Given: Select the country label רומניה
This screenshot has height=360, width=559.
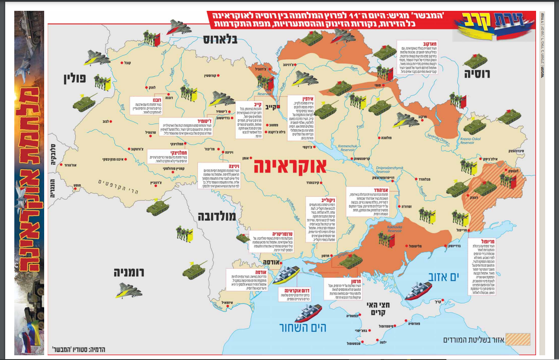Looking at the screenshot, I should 129,272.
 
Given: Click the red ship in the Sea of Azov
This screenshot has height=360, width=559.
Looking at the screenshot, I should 418,290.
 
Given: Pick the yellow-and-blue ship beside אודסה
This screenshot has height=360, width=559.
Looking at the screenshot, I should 284,274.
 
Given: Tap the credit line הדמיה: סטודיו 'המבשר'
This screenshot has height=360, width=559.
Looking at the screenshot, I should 78,349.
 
